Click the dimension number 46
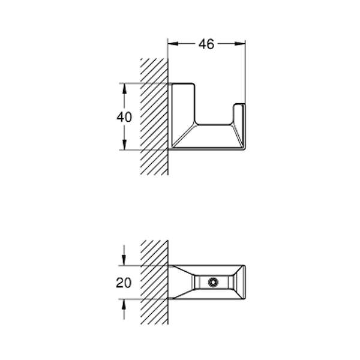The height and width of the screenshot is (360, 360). [x=206, y=44]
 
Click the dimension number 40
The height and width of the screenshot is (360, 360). [x=124, y=117]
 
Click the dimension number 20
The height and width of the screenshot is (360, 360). [x=124, y=283]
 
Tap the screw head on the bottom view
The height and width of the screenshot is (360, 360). [x=213, y=282]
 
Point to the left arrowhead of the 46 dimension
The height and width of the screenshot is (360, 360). [x=173, y=44]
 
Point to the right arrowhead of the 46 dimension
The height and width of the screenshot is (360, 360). [x=240, y=44]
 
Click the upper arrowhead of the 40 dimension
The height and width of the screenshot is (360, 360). [x=124, y=89]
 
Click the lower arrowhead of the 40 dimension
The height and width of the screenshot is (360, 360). [x=124, y=145]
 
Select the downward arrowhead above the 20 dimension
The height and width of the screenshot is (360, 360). [x=124, y=260]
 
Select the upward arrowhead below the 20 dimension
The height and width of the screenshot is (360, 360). [x=124, y=305]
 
